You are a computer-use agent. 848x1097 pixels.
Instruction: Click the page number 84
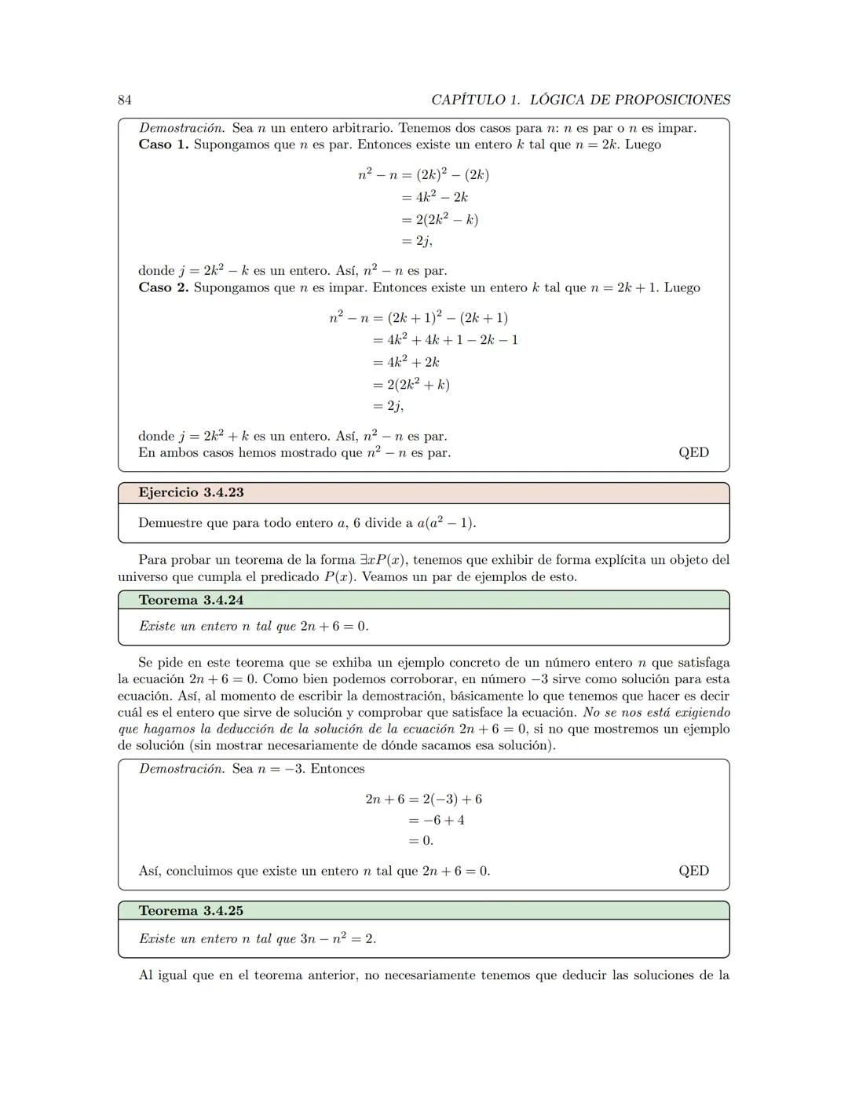124,100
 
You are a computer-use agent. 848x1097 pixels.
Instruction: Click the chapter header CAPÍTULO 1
476,100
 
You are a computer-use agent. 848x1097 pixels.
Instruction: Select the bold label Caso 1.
163,144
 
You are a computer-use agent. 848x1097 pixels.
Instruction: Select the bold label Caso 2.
163,287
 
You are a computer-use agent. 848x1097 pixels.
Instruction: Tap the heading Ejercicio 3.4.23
191,492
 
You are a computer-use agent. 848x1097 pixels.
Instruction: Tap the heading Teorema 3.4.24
191,600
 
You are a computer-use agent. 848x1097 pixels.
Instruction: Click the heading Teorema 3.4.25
191,911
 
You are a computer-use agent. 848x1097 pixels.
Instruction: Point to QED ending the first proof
693,452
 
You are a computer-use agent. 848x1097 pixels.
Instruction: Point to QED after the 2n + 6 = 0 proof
693,871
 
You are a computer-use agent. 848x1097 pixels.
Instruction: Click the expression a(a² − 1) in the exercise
446,523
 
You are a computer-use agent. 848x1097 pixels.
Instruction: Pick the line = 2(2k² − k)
440,219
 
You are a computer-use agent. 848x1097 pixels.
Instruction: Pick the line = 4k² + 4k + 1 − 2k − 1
445,340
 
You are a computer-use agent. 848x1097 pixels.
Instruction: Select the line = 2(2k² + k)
411,384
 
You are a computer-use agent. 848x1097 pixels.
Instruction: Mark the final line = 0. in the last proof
421,840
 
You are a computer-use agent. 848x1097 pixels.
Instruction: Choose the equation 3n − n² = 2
338,938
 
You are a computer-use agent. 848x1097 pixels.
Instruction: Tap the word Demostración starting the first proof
181,128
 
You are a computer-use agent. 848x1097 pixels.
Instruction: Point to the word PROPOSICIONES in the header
672,100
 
